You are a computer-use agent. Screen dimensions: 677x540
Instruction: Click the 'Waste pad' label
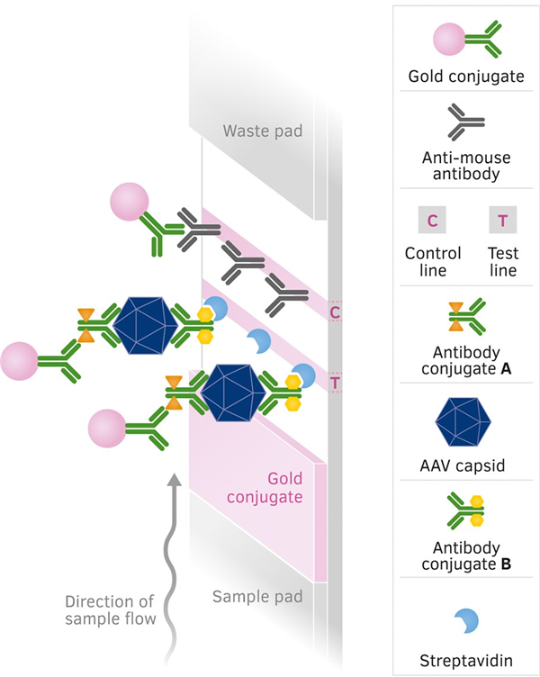coord(263,131)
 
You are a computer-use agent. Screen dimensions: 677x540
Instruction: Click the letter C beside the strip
coord(335,313)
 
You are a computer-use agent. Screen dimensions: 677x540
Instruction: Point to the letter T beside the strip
coord(335,383)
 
